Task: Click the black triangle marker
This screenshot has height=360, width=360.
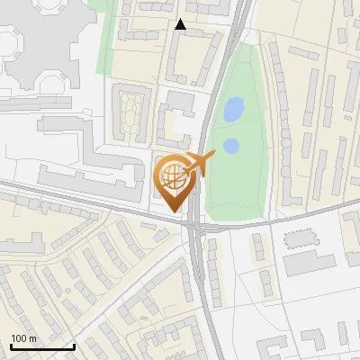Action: (180, 24)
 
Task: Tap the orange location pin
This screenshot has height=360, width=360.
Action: (175, 181)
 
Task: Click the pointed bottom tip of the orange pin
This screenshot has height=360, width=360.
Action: (175, 211)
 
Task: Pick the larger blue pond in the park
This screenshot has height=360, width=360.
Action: (232, 111)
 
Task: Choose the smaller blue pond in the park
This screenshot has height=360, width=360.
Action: (230, 146)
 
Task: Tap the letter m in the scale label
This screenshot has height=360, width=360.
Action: (32, 338)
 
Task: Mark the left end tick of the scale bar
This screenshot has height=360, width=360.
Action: (11, 346)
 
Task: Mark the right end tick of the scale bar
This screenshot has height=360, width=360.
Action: (74, 346)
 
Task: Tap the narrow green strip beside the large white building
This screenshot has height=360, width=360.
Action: (106, 45)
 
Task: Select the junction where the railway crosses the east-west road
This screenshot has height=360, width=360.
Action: (194, 225)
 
